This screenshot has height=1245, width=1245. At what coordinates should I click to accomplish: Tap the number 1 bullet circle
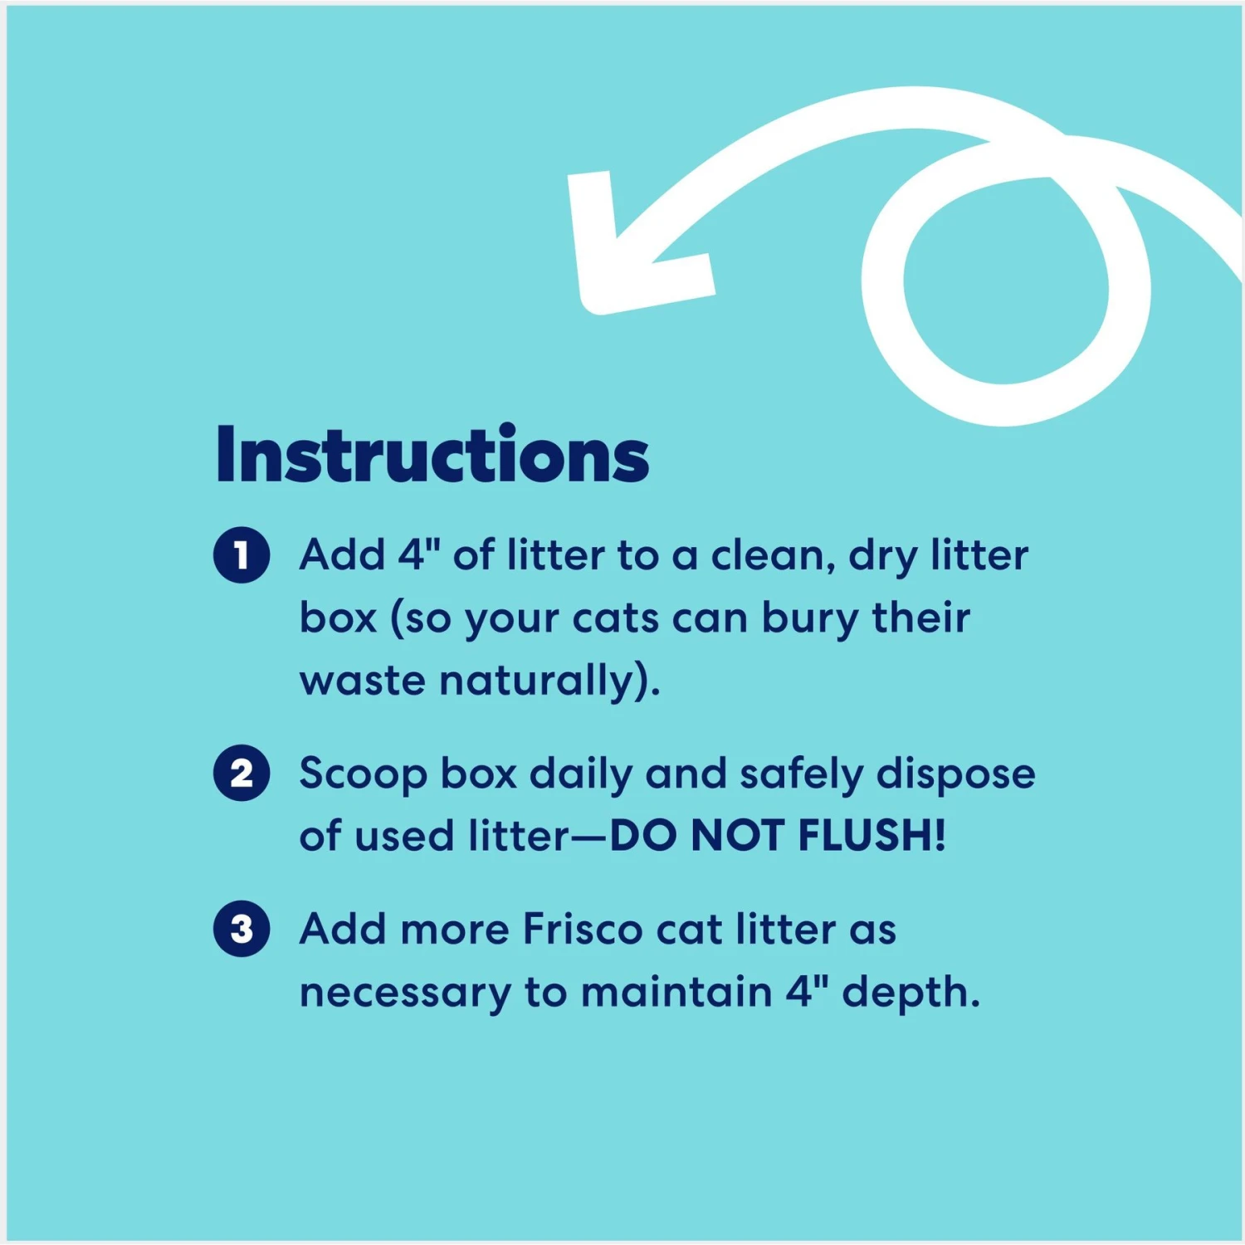point(242,555)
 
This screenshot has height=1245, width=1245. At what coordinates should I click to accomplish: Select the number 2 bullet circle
point(242,774)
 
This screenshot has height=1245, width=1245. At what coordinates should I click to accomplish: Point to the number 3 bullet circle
point(242,929)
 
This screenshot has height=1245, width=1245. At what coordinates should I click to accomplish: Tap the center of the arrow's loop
point(1004,282)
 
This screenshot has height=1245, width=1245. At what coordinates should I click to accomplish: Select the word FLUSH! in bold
point(871,835)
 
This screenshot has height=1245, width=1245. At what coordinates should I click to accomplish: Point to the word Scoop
point(363,774)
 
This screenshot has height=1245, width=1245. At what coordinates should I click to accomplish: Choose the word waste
point(363,681)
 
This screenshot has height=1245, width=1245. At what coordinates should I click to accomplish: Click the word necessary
point(405,993)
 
